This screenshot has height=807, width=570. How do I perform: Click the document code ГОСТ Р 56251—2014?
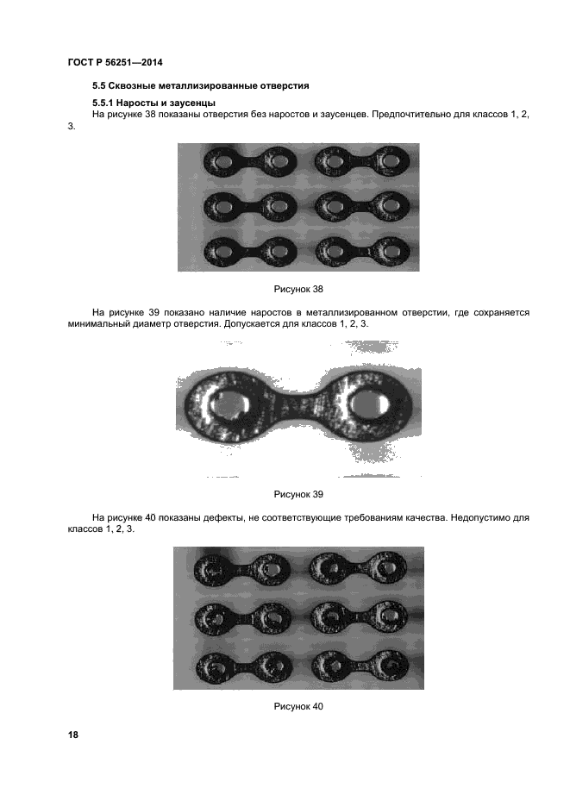tap(115, 62)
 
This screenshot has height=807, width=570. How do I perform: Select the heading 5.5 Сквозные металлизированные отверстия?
tap(200, 86)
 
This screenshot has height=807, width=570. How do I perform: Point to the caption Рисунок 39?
tap(298, 494)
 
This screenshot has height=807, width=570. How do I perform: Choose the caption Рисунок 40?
tap(298, 706)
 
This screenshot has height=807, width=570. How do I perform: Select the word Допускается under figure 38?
tap(259, 323)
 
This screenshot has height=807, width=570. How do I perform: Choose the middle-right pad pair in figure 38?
tap(361, 206)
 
